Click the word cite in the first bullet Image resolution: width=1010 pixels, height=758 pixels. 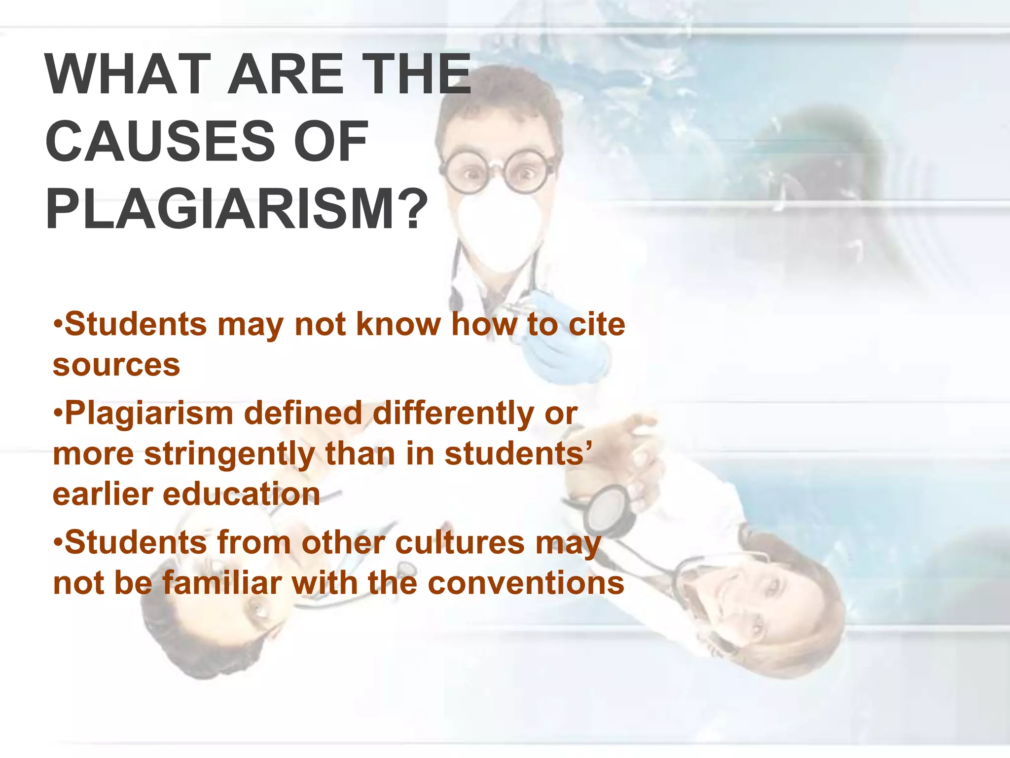coord(596,324)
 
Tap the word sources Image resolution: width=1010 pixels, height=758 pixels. coord(116,365)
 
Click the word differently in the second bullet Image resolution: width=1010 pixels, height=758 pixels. coord(453,413)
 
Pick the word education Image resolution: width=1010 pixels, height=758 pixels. coord(241,494)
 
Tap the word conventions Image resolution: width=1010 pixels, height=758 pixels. coord(526,583)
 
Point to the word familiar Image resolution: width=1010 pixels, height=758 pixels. coord(221,583)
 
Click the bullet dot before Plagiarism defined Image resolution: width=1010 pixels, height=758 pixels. coord(58,414)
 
